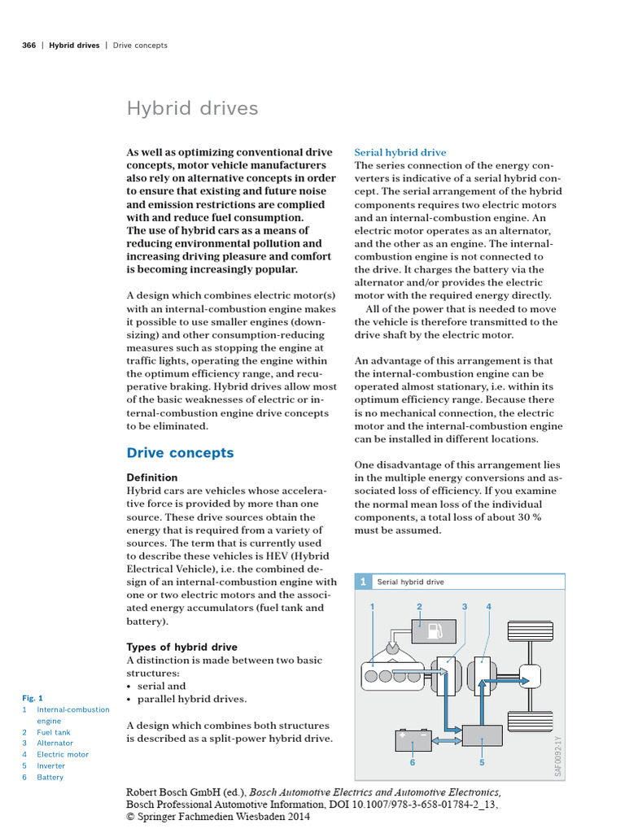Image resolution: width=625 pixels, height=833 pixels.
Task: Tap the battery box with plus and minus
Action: tap(413, 738)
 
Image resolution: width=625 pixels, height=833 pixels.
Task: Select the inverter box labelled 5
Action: tap(482, 735)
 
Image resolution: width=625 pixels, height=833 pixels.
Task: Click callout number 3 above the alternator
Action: tap(465, 607)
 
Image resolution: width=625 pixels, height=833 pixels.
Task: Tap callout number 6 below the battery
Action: tap(413, 763)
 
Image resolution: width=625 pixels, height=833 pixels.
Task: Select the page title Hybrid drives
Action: tap(192, 108)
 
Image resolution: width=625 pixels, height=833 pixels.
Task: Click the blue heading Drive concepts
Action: tap(180, 453)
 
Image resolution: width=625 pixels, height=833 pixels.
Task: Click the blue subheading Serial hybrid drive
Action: tap(400, 152)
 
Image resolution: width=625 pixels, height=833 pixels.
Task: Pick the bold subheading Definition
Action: tap(152, 478)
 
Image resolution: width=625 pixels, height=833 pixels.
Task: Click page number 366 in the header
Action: tap(28, 46)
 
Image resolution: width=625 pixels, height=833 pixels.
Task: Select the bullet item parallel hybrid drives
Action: tap(191, 699)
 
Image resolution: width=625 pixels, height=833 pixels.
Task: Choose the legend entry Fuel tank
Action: tap(54, 732)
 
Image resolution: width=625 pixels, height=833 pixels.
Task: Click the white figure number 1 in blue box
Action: tap(364, 582)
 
